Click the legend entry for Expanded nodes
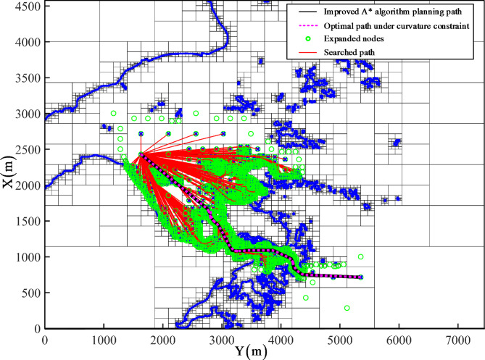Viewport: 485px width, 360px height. coord(387,40)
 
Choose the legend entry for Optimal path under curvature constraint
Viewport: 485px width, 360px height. coord(415,25)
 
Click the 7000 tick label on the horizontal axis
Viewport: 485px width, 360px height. coord(457,338)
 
